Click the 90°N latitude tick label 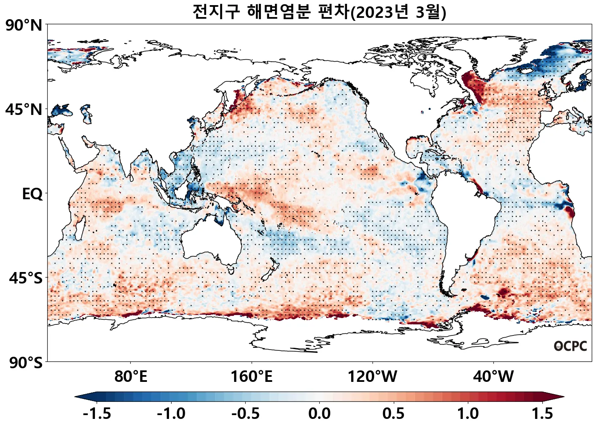[24, 26]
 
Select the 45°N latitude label [24, 110]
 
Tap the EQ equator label [32, 194]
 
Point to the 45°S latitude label [26, 278]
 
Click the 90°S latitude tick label [26, 363]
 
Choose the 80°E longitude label [131, 376]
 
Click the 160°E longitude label [251, 376]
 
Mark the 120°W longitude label [372, 376]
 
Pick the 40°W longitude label [493, 376]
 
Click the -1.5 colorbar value [97, 413]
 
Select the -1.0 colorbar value [171, 413]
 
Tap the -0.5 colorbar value [245, 413]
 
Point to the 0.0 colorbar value [319, 413]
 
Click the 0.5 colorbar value [393, 413]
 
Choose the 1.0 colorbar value [468, 413]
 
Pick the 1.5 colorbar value [542, 413]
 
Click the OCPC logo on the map [570, 346]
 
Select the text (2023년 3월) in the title [398, 12]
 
